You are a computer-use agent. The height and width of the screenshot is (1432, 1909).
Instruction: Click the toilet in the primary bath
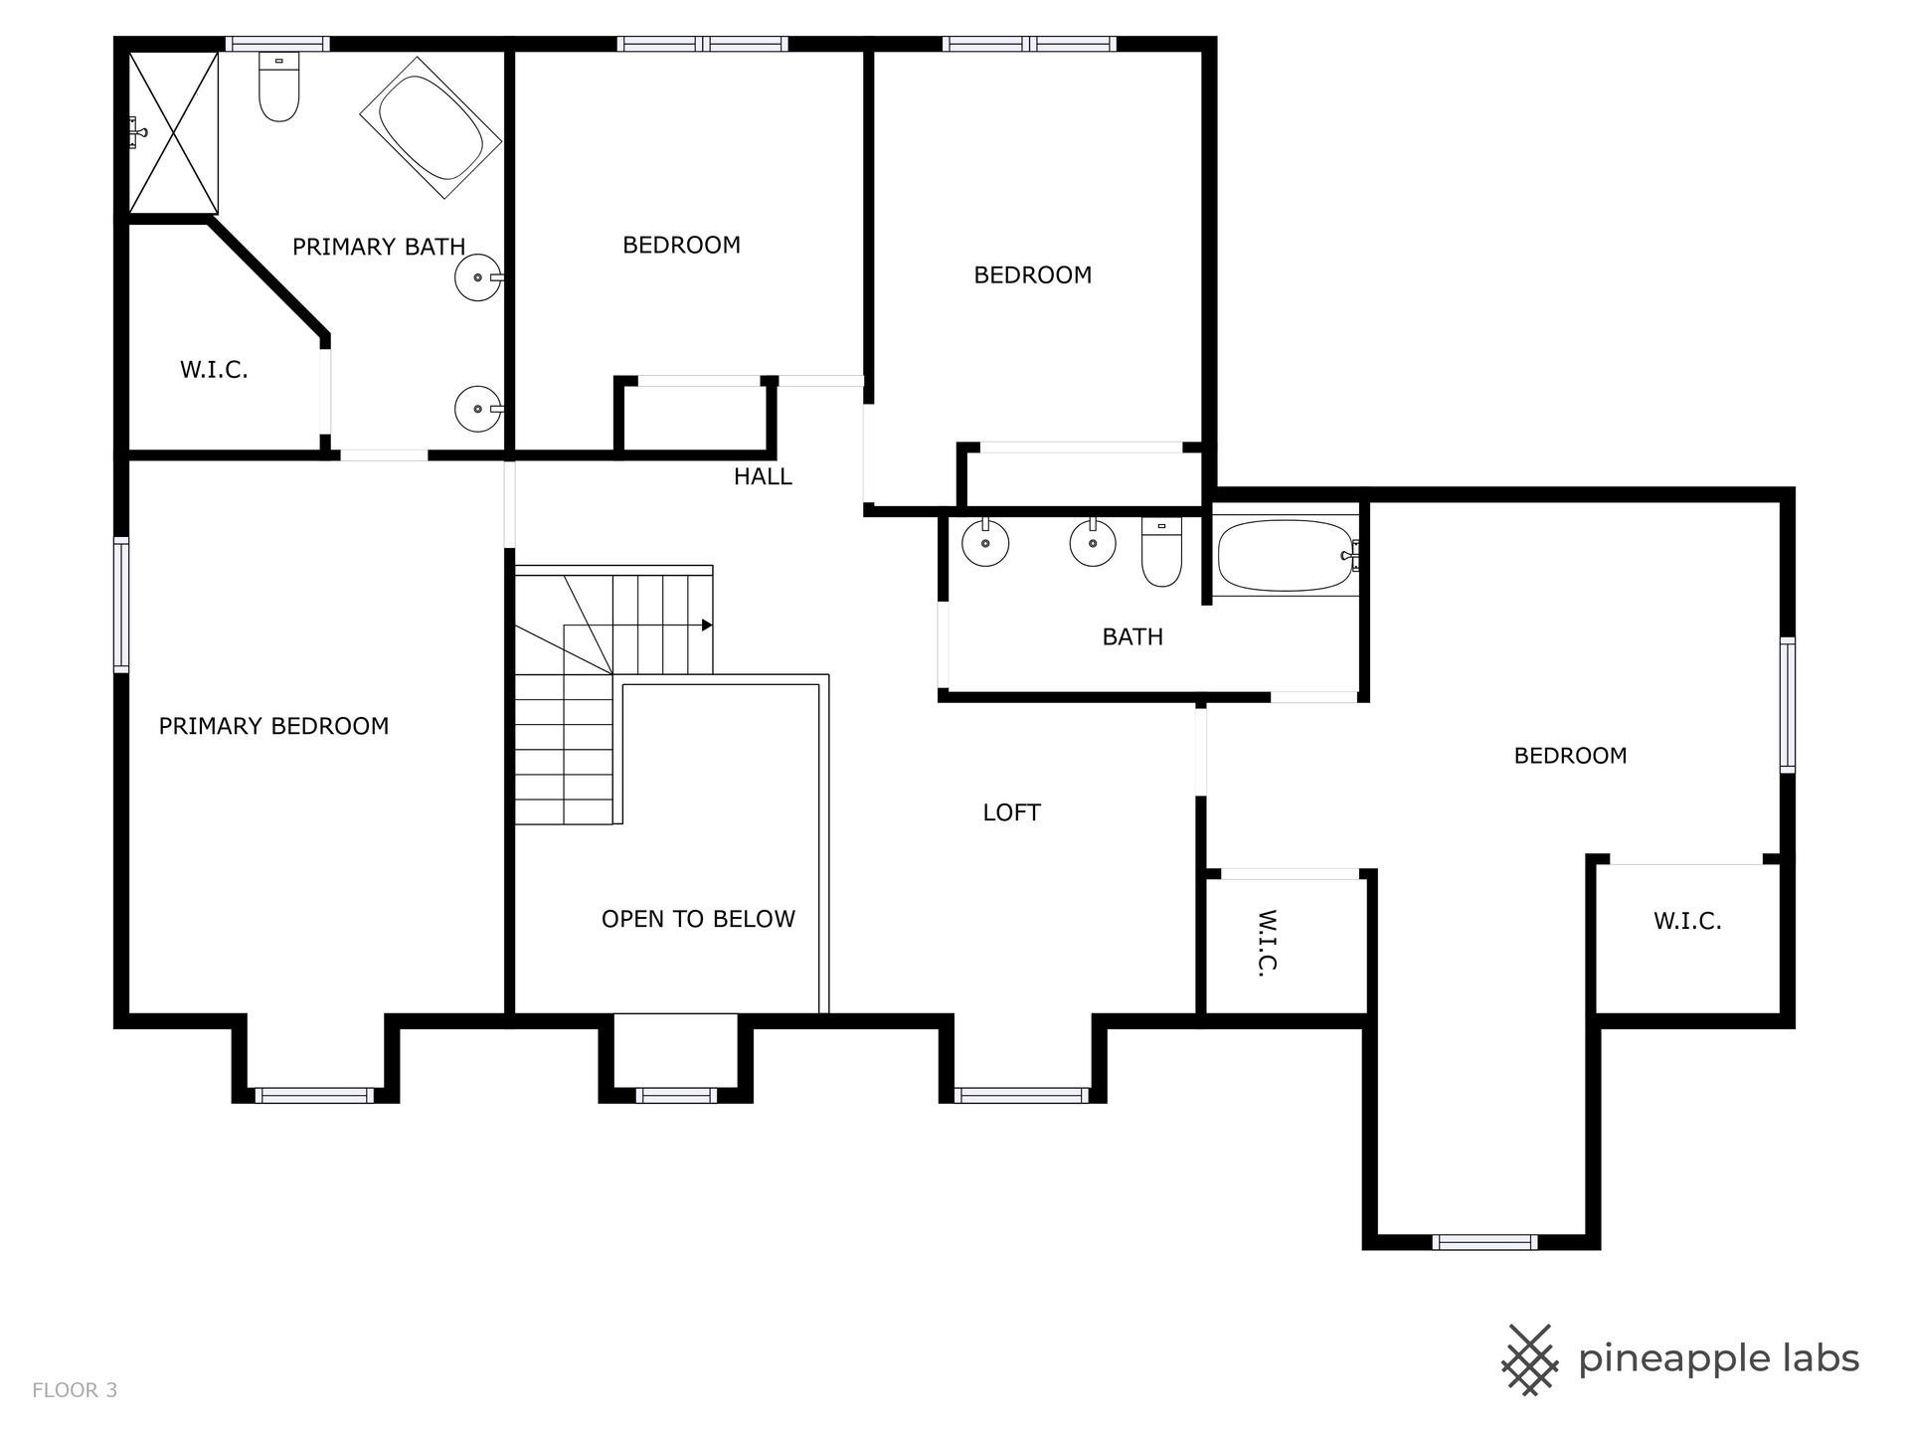pos(278,87)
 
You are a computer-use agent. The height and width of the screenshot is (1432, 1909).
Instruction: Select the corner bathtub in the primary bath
pos(430,126)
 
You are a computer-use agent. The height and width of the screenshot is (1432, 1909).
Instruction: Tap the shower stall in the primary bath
pos(173,132)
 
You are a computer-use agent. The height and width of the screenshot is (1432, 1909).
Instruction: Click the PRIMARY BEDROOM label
pos(273,726)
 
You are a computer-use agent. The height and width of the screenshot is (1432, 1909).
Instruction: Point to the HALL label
pos(763,476)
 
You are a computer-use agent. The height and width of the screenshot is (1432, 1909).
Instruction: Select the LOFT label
pos(1011,812)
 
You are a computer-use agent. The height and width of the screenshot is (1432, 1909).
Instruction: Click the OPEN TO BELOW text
pos(698,919)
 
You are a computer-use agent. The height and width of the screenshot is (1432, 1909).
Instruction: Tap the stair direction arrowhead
pos(707,625)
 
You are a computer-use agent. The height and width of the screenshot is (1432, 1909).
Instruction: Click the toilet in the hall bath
pos(1161,552)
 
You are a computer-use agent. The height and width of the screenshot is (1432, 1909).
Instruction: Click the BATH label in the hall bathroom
pos(1132,636)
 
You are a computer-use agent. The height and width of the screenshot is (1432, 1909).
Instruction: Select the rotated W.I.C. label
pos(1266,942)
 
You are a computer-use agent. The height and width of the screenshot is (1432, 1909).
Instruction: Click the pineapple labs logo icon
pos(1530,1359)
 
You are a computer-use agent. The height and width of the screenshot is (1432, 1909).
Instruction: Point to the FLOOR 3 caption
pos(75,1390)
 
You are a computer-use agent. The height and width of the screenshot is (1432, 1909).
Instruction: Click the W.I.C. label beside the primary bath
pos(214,370)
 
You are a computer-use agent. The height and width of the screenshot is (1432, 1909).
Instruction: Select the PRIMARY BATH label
pos(379,247)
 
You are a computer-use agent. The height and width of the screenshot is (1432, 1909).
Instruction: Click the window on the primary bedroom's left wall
pos(121,605)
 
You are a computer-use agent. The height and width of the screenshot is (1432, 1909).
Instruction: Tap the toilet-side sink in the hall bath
pos(1093,543)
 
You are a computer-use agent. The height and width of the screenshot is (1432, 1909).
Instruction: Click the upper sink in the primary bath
pos(478,277)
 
